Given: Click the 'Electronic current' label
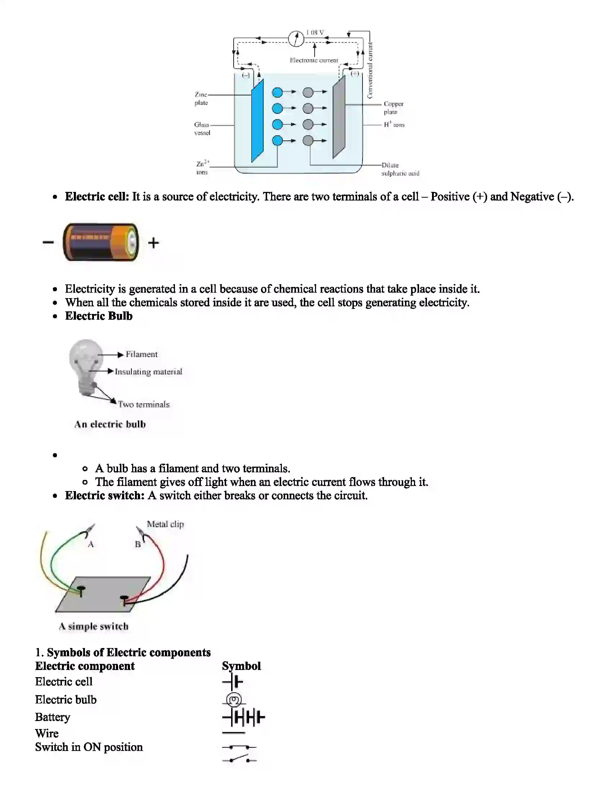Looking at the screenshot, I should pos(314,60).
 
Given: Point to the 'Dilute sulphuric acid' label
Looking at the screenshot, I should pos(400,169).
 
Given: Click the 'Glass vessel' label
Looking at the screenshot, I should pos(202,129).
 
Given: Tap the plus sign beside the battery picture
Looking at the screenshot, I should pos(154,243).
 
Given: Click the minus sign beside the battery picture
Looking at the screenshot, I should pos(48,242).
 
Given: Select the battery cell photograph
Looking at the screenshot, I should pos(101,242).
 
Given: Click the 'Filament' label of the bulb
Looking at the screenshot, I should pos(141,354).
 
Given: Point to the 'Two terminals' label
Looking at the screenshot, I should pos(144,404).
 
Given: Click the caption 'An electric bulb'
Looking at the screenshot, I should pos(110,424).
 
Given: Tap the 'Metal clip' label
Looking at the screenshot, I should pos(165,524).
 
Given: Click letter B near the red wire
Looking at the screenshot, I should pos(138,544).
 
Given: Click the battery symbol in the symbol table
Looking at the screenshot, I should pos(243,717).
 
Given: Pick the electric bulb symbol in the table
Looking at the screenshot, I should pos(234,699).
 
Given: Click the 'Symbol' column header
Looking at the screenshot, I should pos(241,666).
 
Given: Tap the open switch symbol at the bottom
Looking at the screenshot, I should pos(239,759).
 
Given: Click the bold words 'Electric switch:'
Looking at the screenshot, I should pos(105,495).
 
